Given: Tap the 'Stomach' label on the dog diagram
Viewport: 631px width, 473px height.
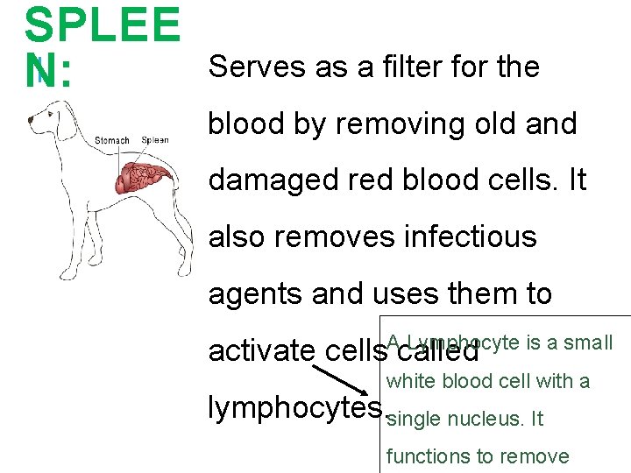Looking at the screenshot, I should click(112, 140).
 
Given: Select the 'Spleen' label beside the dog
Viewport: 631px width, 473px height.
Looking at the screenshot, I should click(155, 140).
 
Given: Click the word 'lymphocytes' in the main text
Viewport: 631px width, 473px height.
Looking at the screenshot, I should click(295, 407).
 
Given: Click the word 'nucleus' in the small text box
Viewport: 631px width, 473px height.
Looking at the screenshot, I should click(484, 420).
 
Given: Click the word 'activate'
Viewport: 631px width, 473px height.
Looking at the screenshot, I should click(262, 350).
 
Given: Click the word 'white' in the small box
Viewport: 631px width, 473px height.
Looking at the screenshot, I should click(410, 382).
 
